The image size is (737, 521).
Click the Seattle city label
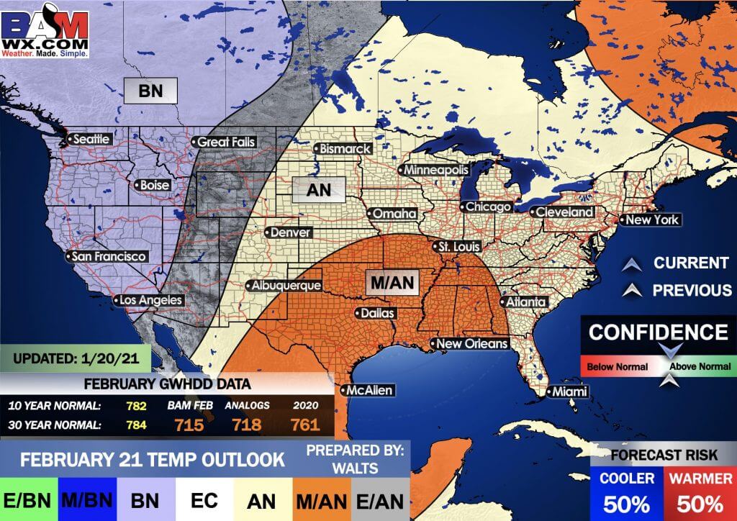[90, 139]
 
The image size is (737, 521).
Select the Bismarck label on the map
[345, 149]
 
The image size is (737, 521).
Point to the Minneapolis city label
[435, 170]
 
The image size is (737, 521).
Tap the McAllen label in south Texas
[369, 391]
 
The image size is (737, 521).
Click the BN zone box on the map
[150, 91]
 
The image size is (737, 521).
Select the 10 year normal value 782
[136, 406]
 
